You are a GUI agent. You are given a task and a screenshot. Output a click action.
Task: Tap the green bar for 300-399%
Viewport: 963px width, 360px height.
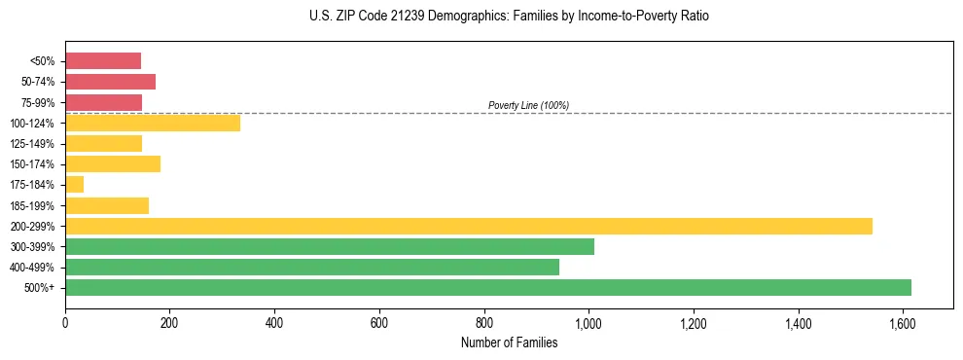pyautogui.click(x=330, y=246)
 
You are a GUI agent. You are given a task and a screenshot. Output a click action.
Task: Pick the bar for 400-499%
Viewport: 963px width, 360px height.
pyautogui.click(x=312, y=267)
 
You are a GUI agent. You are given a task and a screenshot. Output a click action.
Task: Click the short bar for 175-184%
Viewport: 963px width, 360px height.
pyautogui.click(x=75, y=184)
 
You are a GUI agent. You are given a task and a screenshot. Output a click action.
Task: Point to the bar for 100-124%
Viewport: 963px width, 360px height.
pyautogui.click(x=153, y=123)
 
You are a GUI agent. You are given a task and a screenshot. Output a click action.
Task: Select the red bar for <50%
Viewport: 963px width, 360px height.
pyautogui.click(x=103, y=60)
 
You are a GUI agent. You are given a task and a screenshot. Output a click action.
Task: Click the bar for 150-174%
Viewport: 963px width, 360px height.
pyautogui.click(x=113, y=163)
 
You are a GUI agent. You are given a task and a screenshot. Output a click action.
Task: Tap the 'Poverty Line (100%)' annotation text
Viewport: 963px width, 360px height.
pyautogui.click(x=528, y=105)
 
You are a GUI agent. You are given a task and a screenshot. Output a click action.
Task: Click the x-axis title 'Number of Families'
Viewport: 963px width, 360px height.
pyautogui.click(x=509, y=342)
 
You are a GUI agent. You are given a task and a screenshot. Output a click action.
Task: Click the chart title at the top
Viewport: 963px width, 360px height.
pyautogui.click(x=509, y=17)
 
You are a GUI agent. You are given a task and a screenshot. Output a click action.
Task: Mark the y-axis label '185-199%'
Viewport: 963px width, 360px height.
pyautogui.click(x=36, y=205)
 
